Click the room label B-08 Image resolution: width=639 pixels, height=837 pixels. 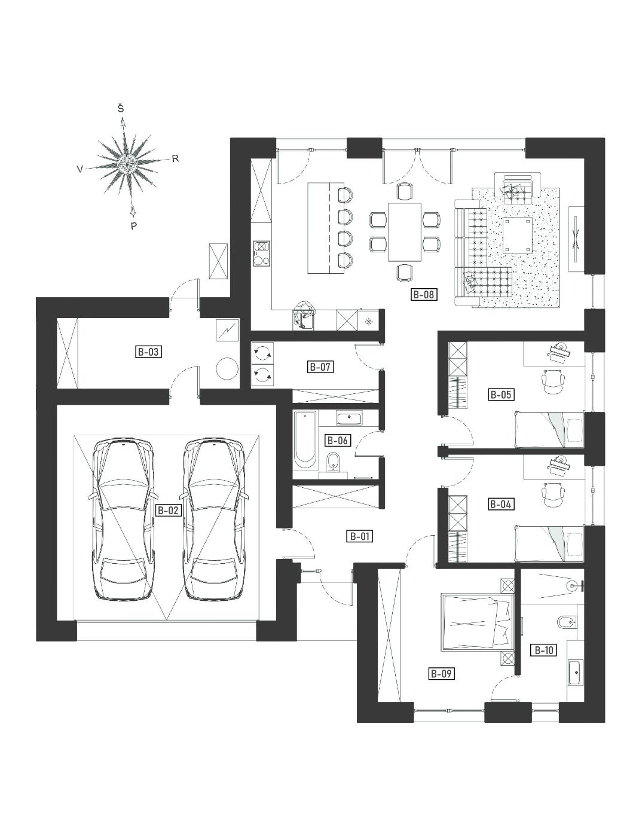[423, 294]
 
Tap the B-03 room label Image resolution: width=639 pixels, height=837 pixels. [148, 352]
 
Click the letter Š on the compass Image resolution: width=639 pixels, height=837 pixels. [121, 109]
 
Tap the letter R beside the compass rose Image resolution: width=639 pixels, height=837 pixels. [175, 159]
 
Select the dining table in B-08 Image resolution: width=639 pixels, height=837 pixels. [405, 232]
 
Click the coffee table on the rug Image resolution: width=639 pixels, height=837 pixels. [518, 235]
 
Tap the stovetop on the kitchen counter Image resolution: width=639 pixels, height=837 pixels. [261, 253]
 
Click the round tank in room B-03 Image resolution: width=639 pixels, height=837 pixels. [227, 369]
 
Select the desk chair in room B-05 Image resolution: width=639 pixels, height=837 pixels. [554, 381]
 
